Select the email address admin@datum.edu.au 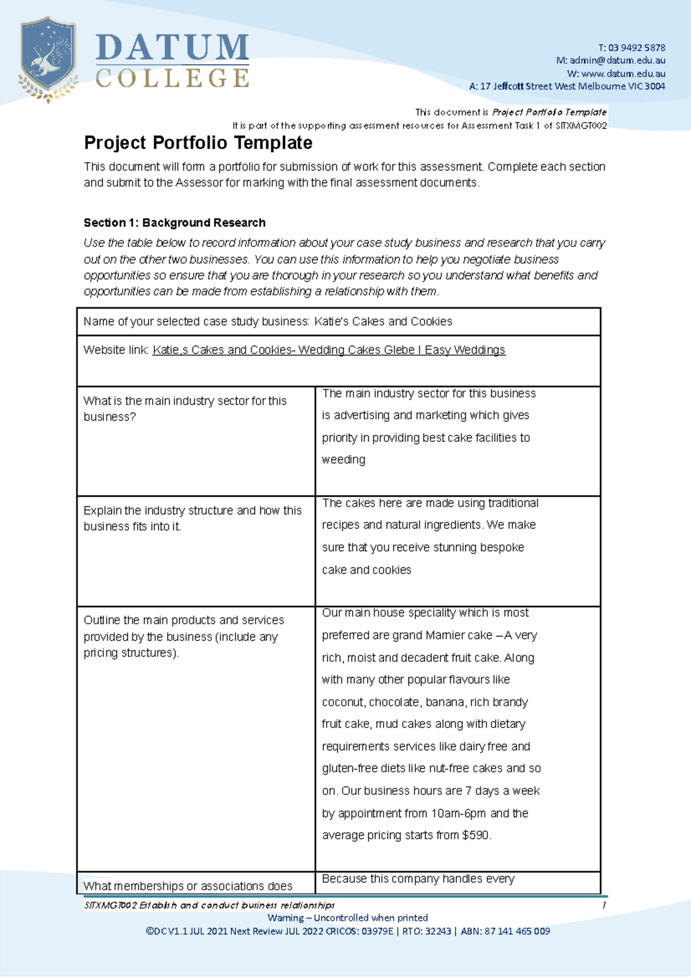[617, 60]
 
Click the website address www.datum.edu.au [624, 74]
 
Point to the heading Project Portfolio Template [198, 143]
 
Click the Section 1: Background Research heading [174, 223]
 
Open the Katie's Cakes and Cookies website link [329, 350]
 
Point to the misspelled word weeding [344, 460]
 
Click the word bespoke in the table [502, 547]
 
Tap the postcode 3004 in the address [655, 86]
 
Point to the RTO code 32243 [438, 931]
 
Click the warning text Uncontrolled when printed [371, 918]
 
